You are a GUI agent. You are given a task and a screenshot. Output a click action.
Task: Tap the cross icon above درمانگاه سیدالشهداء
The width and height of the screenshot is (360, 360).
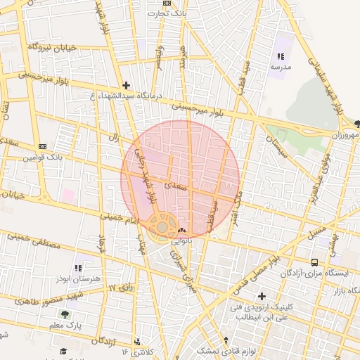pyautogui.click(x=126, y=84)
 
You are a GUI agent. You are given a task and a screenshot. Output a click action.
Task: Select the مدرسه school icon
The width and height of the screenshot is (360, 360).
pyautogui.click(x=281, y=56)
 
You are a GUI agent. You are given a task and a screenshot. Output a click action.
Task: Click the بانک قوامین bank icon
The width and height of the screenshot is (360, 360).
pyautogui.click(x=42, y=146)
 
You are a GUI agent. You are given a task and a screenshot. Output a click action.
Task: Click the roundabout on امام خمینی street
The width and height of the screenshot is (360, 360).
pyautogui.click(x=163, y=226)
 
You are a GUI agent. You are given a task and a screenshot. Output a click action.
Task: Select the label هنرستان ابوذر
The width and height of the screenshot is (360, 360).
pyautogui.click(x=78, y=278)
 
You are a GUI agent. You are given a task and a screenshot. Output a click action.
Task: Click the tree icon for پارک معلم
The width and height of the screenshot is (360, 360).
pyautogui.click(x=65, y=315)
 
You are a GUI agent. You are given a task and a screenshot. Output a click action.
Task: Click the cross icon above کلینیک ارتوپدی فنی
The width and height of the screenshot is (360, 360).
pyautogui.click(x=262, y=296)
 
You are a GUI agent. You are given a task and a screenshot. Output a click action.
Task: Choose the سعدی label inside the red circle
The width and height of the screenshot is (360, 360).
pyautogui.click(x=174, y=186)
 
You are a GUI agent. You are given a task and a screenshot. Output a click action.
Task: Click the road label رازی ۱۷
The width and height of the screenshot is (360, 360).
pyautogui.click(x=120, y=288)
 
